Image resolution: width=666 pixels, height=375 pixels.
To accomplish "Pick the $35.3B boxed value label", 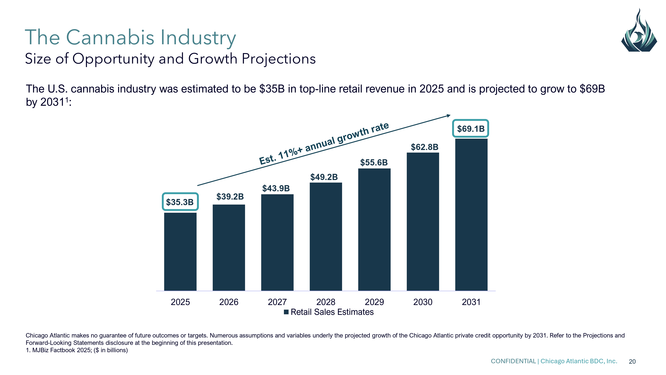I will pos(180,202).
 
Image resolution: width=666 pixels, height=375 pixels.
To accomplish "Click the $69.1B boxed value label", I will pos(470,129).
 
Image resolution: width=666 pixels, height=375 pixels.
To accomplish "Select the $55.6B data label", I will pos(374,162).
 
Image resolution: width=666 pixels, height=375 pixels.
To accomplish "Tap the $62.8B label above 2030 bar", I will pos(425,147).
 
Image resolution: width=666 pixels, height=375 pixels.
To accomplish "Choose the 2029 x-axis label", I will pos(374,302).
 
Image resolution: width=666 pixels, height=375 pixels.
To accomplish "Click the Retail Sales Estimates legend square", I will pos(286,312).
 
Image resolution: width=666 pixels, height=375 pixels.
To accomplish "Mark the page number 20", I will pos(632,361).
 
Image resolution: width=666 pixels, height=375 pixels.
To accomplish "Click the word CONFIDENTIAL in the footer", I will pos(513,361).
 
